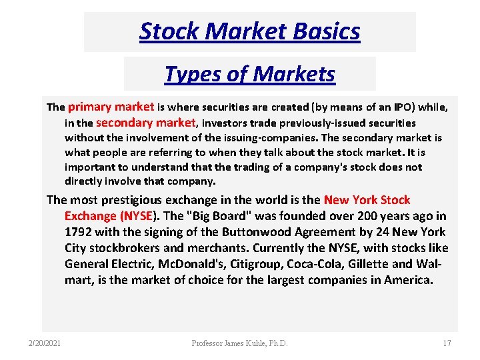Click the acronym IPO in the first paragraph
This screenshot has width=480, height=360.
[x=402, y=107]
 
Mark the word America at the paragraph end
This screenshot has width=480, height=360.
[x=408, y=280]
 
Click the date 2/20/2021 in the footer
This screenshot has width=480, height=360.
[x=45, y=343]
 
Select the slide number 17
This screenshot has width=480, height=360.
[x=446, y=343]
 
